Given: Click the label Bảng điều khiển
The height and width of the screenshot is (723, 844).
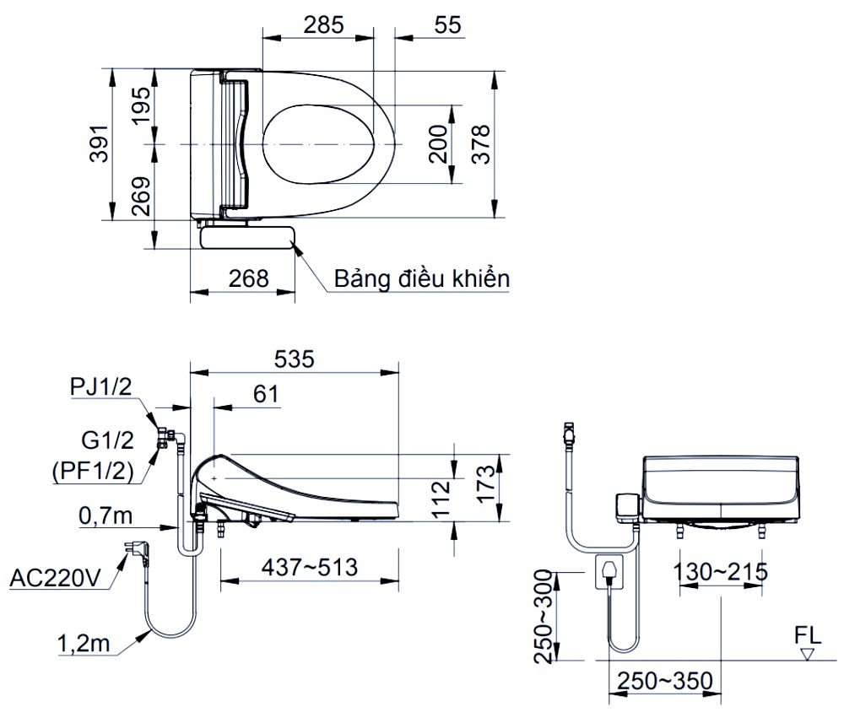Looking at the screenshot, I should [421, 279].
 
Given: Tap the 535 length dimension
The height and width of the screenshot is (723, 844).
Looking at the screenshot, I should [293, 359].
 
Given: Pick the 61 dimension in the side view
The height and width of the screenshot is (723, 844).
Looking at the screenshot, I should [265, 393].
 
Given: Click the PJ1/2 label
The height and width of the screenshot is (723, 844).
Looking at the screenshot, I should [101, 386].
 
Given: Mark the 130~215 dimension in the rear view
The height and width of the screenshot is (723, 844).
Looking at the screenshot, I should [720, 573].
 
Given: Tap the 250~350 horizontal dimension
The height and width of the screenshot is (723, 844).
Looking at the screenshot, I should [664, 680].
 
